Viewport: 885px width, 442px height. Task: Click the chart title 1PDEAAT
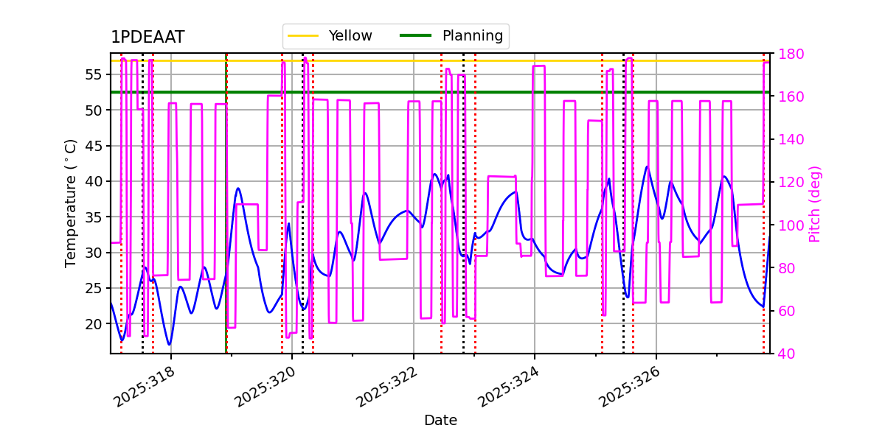(147, 38)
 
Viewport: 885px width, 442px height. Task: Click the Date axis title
(440, 421)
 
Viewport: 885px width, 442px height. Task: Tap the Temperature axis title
(71, 203)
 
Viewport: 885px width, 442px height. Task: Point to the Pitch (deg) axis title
(815, 203)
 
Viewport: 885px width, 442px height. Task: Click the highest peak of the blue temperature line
(647, 166)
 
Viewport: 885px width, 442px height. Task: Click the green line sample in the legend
(416, 35)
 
